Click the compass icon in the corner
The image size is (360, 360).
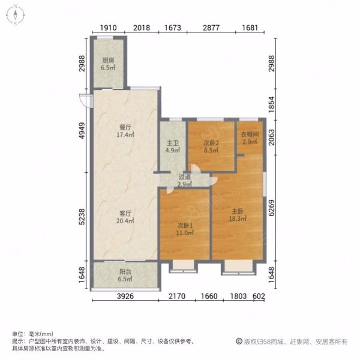click(x=16, y=15)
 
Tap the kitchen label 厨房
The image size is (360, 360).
click(x=108, y=61)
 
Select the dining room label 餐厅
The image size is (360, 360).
click(x=125, y=127)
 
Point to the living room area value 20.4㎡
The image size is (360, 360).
click(x=125, y=221)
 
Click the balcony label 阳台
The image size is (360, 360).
click(x=125, y=272)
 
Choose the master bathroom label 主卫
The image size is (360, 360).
click(x=173, y=143)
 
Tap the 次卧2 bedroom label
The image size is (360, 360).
click(x=211, y=143)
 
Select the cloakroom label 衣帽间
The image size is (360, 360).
click(x=250, y=134)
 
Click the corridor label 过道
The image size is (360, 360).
click(x=185, y=177)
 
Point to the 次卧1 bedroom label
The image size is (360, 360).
click(x=185, y=226)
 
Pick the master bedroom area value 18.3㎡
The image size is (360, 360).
click(x=238, y=218)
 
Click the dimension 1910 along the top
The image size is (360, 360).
click(x=108, y=28)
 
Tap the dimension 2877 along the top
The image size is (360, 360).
click(x=211, y=28)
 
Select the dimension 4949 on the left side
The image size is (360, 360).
click(x=82, y=131)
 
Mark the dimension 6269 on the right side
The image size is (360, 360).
click(x=271, y=208)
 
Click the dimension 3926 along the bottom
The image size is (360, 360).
click(x=125, y=296)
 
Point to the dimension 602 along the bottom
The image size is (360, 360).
click(x=259, y=296)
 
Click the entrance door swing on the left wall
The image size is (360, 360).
click(x=84, y=100)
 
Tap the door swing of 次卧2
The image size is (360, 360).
click(x=196, y=168)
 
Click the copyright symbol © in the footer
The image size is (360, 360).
click(x=239, y=341)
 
